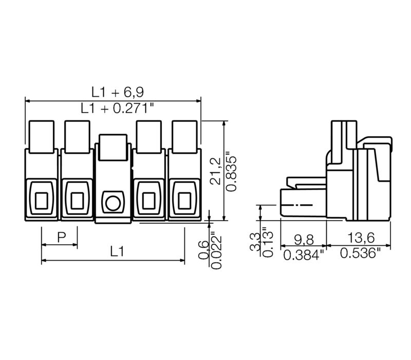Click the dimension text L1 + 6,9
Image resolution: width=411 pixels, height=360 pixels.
click(118, 93)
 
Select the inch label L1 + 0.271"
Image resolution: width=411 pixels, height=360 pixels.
click(117, 108)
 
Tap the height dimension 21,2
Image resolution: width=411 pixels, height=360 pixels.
click(216, 171)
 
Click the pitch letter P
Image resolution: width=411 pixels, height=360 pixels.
click(62, 238)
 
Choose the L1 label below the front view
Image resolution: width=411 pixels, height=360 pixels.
click(117, 252)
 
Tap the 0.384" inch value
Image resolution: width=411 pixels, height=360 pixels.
click(304, 255)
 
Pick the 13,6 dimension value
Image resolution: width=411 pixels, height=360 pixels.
click(361, 238)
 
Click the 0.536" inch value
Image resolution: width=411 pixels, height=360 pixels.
click(361, 253)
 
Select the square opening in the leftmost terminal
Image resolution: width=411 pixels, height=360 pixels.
click(42, 201)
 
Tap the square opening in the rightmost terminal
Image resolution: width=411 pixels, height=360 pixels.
click(184, 201)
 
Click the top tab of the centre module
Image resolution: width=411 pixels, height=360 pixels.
click(113, 147)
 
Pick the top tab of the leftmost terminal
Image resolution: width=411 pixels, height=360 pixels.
click(42, 137)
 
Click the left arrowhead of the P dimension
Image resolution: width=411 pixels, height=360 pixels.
click(44, 245)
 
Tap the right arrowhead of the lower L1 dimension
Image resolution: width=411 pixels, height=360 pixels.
click(182, 260)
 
